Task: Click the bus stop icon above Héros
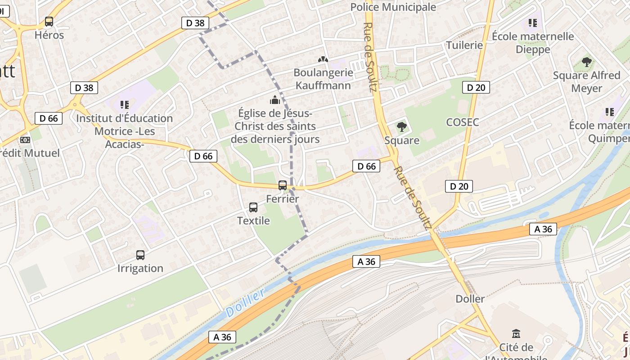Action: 49,21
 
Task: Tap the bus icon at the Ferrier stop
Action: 283,185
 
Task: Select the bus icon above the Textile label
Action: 253,207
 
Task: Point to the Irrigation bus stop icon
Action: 140,255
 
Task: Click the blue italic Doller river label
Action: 245,303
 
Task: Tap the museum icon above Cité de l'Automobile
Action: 516,334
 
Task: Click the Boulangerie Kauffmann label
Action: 323,79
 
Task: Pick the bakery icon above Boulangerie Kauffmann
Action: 323,59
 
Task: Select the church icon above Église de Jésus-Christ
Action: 274,99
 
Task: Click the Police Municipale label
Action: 393,7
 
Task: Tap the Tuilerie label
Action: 464,45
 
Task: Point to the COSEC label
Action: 462,122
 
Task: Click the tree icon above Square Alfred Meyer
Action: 586,62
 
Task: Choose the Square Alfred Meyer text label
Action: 586,81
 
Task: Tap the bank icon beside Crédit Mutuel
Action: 25,140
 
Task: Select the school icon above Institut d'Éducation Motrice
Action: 125,105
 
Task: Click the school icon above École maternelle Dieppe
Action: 533,22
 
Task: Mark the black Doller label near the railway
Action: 470,299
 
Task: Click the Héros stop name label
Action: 49,35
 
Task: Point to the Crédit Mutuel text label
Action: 30,153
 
